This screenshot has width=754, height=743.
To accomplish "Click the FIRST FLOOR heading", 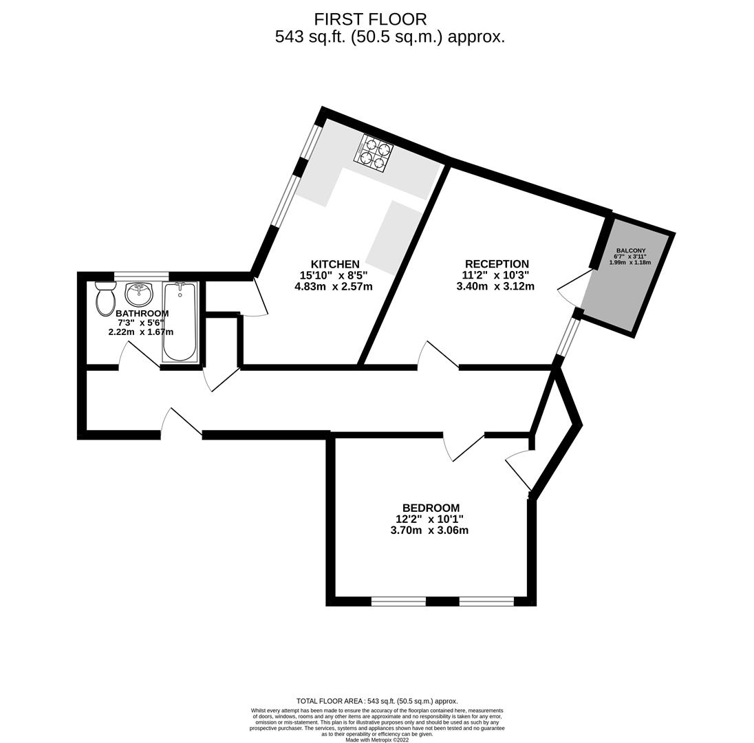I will click(370, 19).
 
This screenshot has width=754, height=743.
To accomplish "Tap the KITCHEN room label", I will click(335, 264).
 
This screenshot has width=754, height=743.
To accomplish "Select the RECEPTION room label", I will click(497, 264).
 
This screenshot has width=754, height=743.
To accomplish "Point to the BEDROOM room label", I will click(431, 508).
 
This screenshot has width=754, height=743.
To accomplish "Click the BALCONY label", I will click(630, 250).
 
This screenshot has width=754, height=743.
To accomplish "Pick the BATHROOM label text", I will click(142, 314).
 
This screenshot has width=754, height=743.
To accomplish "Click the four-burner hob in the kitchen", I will click(373, 153).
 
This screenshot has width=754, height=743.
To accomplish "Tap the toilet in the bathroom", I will click(105, 299).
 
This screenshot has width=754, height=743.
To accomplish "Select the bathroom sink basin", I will click(139, 294).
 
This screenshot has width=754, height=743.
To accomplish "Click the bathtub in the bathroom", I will click(180, 322).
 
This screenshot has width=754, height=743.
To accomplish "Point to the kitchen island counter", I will click(394, 238).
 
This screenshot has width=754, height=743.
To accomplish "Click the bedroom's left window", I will click(398, 601).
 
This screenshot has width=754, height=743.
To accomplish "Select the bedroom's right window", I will click(486, 601).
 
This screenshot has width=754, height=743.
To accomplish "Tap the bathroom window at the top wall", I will click(141, 277).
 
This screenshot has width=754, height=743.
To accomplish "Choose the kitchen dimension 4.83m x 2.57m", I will click(334, 286).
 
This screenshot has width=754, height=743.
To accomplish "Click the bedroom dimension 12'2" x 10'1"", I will click(429, 519).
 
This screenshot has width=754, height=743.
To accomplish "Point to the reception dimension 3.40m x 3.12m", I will click(495, 286).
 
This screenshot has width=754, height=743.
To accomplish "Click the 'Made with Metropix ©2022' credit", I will click(377, 740).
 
